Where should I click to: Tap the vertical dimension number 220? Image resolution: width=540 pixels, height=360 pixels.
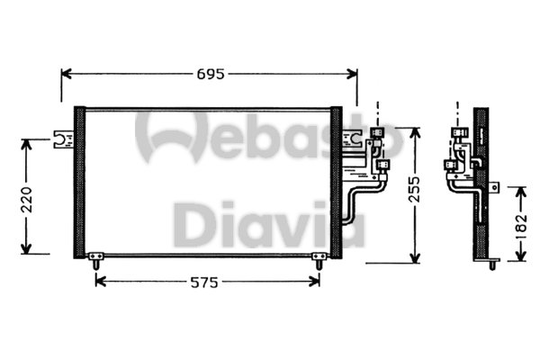pos(28,196)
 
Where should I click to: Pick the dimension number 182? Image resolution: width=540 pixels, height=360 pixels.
pos(519,225)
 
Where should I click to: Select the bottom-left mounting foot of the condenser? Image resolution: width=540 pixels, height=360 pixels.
pos(94,261)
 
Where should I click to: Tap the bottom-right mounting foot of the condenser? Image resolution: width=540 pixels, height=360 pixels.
pos(318,261)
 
